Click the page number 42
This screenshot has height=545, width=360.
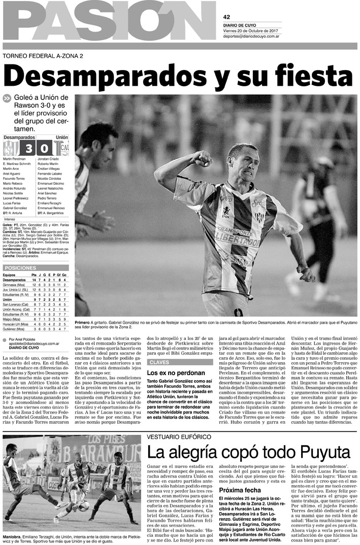tap(226, 17)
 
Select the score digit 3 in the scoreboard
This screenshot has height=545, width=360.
tap(28, 149)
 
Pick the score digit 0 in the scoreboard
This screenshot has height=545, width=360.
tap(45, 149)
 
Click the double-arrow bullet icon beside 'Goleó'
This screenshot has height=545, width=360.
tap(6, 98)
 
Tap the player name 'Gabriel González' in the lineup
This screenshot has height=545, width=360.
tap(15, 208)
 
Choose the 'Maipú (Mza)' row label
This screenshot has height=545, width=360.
tap(12, 320)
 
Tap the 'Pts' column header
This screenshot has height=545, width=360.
tap(34, 275)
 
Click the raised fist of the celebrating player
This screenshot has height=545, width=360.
tap(202, 159)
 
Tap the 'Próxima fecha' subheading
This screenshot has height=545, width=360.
tap(239, 490)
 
